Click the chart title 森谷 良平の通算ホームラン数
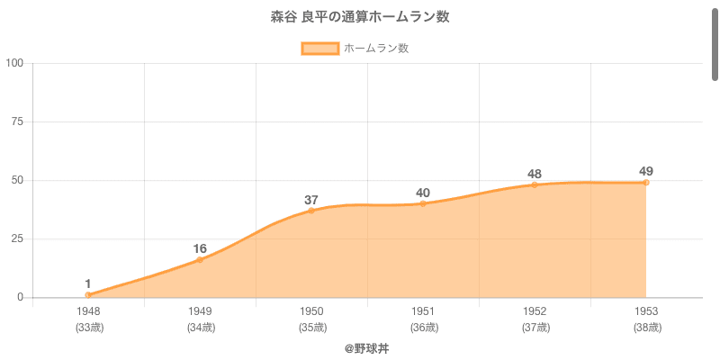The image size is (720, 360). tap(360, 17)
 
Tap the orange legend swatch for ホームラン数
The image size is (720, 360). tap(319, 49)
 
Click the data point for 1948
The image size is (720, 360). tap(88, 295)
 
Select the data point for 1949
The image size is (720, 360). tap(200, 260)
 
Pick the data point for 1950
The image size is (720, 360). tap(311, 211)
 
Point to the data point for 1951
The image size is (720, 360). tap(423, 203)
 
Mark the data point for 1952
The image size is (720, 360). tap(535, 184)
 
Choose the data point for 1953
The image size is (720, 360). tap(646, 183)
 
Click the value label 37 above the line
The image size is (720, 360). tap(311, 200)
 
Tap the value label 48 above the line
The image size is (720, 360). tap(535, 174)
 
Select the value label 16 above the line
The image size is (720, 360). tap(200, 248)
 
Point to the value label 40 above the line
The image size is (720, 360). tap(423, 193)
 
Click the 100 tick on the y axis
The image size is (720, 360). tap(14, 63)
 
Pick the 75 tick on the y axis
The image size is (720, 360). tap(17, 121)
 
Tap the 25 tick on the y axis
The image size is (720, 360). tap(17, 238)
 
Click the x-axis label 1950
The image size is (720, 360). tap(311, 311)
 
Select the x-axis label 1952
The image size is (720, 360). tap(535, 311)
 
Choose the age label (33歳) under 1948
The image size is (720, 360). tap(88, 327)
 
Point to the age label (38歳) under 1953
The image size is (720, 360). tap(646, 327)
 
